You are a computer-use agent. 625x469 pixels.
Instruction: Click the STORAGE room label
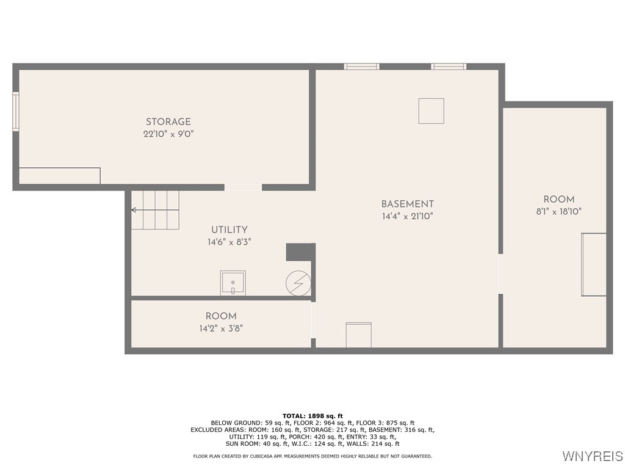pyautogui.click(x=168, y=122)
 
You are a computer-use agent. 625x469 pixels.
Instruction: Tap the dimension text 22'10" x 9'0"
pyautogui.click(x=168, y=134)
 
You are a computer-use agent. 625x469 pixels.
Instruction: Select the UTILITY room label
pyautogui.click(x=229, y=230)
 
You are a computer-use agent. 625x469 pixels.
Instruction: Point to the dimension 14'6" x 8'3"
pyautogui.click(x=229, y=242)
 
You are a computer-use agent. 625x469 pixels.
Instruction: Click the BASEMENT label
pyautogui.click(x=407, y=204)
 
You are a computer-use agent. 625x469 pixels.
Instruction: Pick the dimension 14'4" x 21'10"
pyautogui.click(x=407, y=216)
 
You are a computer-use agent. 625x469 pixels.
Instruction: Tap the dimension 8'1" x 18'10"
pyautogui.click(x=558, y=211)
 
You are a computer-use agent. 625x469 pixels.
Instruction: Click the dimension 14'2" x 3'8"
pyautogui.click(x=220, y=328)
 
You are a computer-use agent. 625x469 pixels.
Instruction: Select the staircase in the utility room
pyautogui.click(x=156, y=209)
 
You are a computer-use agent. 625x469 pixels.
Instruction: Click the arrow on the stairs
pyautogui.click(x=134, y=210)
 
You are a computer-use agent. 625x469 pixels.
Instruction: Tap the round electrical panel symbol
pyautogui.click(x=298, y=283)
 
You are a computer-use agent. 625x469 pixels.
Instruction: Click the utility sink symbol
pyautogui.click(x=233, y=283)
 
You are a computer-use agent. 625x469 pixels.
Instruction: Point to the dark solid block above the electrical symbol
pyautogui.click(x=298, y=252)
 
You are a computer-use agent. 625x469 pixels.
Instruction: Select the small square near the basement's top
pyautogui.click(x=431, y=111)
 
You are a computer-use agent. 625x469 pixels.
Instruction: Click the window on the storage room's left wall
pyautogui.click(x=16, y=111)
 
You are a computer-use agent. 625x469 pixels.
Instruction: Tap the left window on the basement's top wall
pyautogui.click(x=361, y=66)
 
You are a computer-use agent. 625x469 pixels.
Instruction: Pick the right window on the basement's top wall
pyautogui.click(x=449, y=66)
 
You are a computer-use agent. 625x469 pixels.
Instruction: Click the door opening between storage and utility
pyautogui.click(x=243, y=187)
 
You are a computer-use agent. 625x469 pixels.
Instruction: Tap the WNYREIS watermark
pyautogui.click(x=592, y=456)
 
